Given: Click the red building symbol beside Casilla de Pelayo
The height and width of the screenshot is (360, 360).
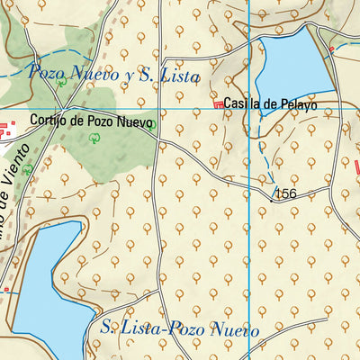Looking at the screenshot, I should (x=217, y=106).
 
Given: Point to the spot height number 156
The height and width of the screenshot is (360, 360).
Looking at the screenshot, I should (x=285, y=194).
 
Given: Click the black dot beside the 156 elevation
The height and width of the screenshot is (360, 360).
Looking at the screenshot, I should (x=270, y=202).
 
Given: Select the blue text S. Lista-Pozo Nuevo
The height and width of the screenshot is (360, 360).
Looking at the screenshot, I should (x=180, y=329).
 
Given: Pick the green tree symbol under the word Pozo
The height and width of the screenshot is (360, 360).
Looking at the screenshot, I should (x=61, y=82).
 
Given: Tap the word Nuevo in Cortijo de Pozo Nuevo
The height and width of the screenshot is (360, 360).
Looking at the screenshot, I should (x=136, y=120).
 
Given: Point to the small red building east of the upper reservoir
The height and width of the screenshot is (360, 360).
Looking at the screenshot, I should (x=331, y=48).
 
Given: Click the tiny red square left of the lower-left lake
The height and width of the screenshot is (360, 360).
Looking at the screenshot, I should (x=6, y=289).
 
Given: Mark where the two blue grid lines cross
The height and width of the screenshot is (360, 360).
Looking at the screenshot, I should (x=248, y=110).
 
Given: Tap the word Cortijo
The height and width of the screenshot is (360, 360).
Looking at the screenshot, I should (x=46, y=120).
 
